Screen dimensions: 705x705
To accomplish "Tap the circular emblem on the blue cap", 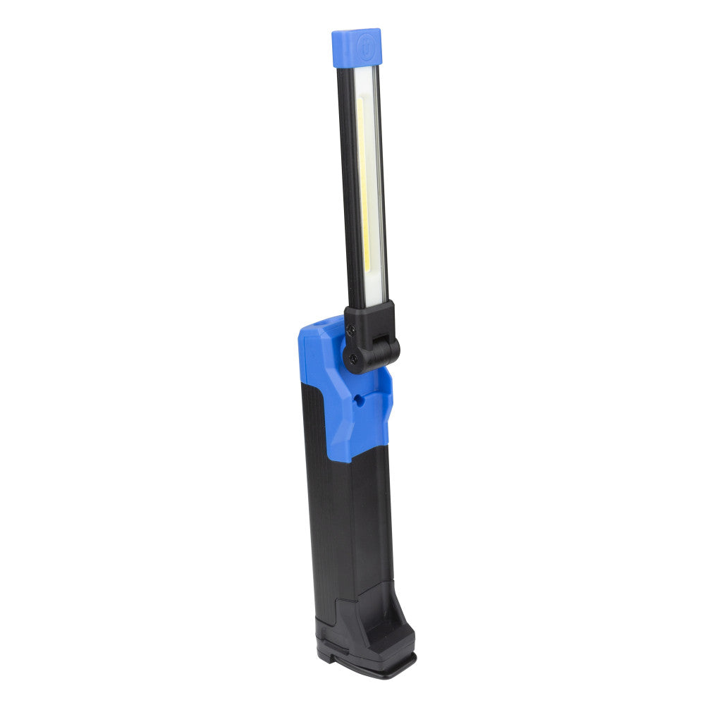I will [x=366, y=44].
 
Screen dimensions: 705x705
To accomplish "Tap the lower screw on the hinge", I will [x=352, y=360].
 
